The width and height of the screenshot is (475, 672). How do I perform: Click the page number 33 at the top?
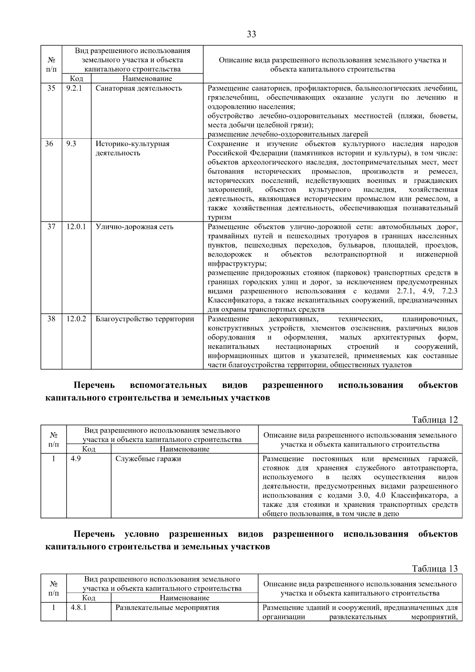point(251,34)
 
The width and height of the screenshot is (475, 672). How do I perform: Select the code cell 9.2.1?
point(74,88)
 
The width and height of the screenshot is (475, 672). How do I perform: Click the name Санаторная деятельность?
point(139,88)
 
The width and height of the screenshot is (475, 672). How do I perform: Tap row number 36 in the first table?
point(49,144)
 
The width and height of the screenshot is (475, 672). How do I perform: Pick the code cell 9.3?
point(71,144)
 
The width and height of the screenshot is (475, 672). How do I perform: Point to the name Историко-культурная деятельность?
point(132,148)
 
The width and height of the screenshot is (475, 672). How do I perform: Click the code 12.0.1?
point(76,227)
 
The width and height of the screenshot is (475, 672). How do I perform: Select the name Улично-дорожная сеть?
point(134,227)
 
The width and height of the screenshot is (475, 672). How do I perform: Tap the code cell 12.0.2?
point(76,319)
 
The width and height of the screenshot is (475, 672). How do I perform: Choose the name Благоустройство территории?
point(144,319)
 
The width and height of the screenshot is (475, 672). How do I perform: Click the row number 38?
point(51,319)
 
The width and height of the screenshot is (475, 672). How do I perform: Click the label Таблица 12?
point(435,420)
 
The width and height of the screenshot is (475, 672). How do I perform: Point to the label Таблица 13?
point(435,569)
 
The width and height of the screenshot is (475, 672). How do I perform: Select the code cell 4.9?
point(76,459)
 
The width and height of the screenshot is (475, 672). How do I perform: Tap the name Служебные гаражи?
point(148,459)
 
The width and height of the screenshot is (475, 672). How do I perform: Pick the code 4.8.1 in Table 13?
point(78,607)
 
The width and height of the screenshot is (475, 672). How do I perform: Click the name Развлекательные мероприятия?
point(167,607)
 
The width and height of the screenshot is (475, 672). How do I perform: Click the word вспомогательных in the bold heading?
point(168,385)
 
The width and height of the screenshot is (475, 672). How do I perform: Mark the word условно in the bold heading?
point(142,534)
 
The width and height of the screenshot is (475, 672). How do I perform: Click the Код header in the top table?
point(76,79)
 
